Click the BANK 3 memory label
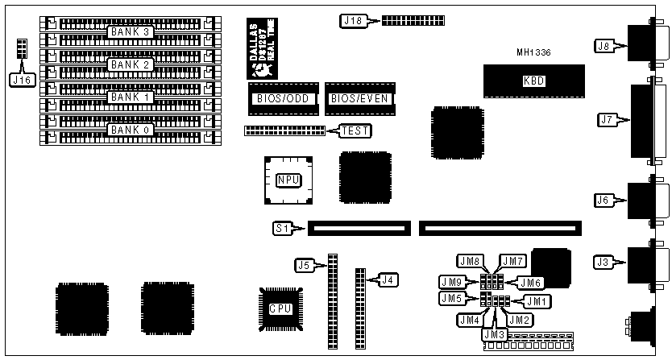[131, 31]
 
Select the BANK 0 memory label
[131, 129]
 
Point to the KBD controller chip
[533, 81]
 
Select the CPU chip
[280, 308]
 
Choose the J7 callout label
[608, 120]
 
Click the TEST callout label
[355, 130]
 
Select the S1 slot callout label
[281, 229]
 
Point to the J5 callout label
[303, 263]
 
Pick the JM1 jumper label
[535, 300]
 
